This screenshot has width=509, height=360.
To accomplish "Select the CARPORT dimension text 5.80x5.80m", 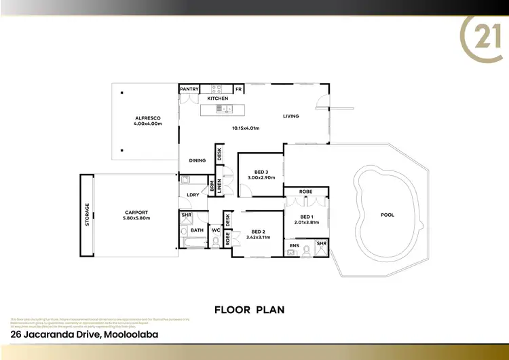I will point(136,218).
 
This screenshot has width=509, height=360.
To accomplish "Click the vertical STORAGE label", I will point(87,215).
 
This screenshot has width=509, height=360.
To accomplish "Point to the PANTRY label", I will point(189,89).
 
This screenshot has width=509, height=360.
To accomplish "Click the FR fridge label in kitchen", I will point(239,89).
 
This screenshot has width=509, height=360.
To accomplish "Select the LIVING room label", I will point(291,116).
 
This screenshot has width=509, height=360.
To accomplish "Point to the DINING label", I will point(197,160).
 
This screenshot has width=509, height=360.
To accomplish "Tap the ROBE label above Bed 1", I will point(306,192).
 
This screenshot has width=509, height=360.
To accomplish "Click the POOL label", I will point(387,215).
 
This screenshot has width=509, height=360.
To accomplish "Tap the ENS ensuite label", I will point(295,245).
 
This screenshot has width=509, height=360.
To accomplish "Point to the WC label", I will point(216,230).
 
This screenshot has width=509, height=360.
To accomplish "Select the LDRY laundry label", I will point(193,195).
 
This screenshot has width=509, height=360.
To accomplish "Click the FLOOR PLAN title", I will point(249,310).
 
